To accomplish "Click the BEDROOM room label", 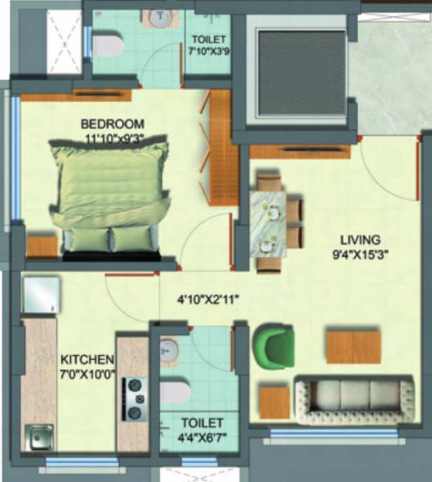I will pos(112,124).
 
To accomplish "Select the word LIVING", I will pos(357,239).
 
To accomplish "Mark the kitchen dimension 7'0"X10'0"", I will pos(88,373).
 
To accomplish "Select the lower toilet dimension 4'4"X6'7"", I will pos(194,437).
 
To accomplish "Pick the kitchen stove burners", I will pos(132,399).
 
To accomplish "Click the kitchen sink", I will pos(37,438).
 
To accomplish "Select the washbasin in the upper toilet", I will pos(155,18).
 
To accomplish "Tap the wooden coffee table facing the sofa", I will pos(353,345).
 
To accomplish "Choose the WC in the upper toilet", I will pos(108,45).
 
